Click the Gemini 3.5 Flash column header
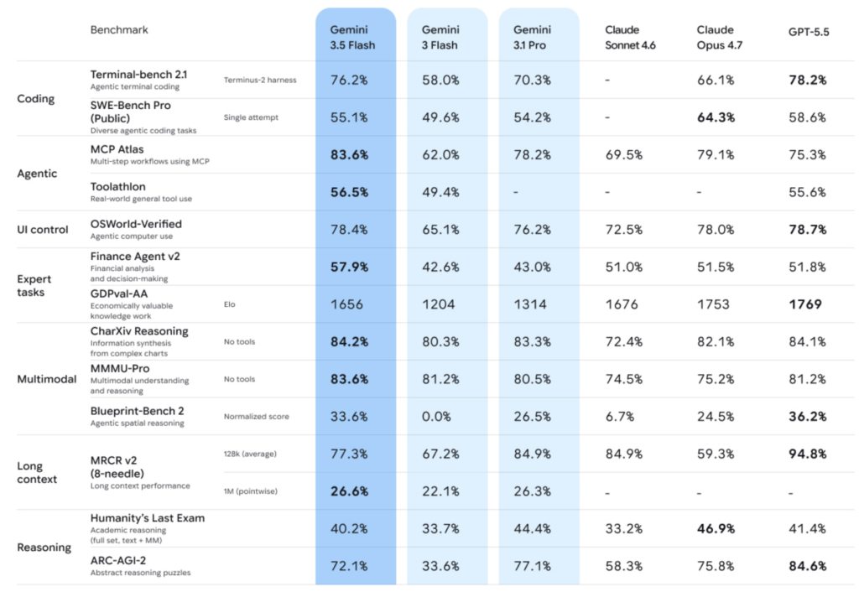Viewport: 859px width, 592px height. coord(352,37)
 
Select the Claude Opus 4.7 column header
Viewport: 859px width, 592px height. coord(719,37)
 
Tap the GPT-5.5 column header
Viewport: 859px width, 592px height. coord(809,33)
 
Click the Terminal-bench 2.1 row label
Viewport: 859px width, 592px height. coord(138,75)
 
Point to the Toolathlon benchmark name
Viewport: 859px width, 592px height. coord(117,187)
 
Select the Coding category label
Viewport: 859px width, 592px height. coord(35,99)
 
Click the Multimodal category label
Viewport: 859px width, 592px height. coord(47,379)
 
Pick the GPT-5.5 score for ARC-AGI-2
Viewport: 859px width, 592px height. coord(808,566)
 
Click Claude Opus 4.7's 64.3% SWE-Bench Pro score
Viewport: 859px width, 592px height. coord(716,117)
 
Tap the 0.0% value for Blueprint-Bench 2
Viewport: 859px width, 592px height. coord(436,417)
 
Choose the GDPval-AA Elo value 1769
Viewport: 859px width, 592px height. coord(804,304)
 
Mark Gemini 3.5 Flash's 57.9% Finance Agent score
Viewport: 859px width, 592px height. coord(349,267)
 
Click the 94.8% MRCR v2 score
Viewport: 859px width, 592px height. coord(808,454)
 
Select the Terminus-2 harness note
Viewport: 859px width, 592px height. coord(260,80)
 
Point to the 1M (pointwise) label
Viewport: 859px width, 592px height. coord(250,491)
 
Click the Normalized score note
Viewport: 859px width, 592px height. coord(256,417)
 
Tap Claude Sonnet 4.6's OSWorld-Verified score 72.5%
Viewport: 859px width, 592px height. coord(623,230)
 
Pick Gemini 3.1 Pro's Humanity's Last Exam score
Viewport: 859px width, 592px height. coord(532,529)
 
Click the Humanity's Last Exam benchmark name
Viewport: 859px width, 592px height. coord(148,518)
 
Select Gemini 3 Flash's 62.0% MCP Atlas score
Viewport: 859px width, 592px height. coord(440,155)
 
